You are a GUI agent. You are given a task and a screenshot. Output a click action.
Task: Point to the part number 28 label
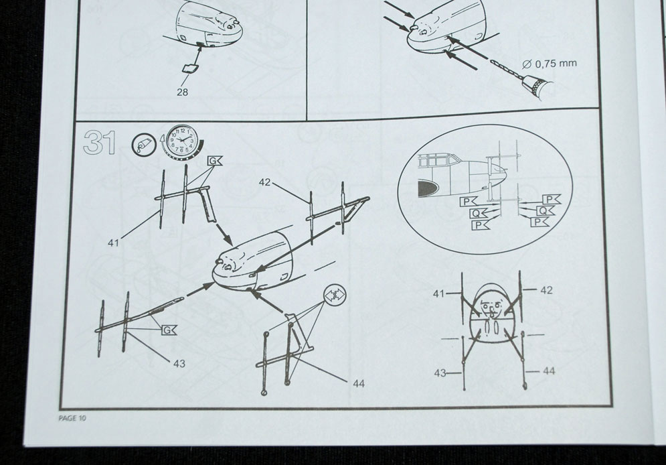tap(182, 92)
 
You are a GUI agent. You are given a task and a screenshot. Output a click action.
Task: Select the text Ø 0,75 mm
tap(548, 64)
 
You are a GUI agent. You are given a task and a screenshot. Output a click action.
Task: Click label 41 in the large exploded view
tap(113, 243)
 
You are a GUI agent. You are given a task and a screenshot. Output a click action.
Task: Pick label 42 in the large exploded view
tap(265, 182)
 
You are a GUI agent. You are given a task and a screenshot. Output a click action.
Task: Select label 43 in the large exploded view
tap(179, 364)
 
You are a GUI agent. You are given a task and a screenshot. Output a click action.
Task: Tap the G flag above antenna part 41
tap(214, 161)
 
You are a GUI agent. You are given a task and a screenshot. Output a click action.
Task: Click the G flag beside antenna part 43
tap(169, 329)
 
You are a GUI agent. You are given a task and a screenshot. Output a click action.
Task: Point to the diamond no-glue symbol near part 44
tap(334, 294)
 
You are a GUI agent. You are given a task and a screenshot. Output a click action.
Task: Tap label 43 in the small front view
tap(438, 373)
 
